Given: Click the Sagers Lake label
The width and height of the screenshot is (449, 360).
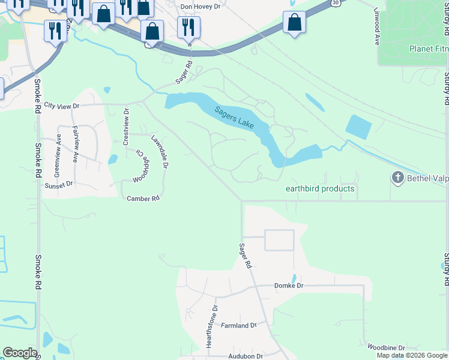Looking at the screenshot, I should [x=234, y=117].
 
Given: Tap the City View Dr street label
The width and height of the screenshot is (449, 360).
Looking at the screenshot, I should [x=62, y=106].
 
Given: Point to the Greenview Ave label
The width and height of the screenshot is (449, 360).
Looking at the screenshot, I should [x=58, y=154].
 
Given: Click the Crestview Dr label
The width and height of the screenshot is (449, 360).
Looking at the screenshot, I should [x=126, y=127].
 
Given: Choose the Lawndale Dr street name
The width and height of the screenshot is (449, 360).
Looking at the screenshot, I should [x=160, y=151].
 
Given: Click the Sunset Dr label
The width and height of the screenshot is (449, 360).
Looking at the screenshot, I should [x=58, y=185].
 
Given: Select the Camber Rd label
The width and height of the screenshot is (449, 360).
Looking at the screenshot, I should [x=143, y=198].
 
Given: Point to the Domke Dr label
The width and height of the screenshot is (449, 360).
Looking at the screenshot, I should [x=289, y=286].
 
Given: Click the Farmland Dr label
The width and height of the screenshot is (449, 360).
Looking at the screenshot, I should [x=238, y=325].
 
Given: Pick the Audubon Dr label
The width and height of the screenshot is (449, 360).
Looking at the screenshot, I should [x=246, y=356].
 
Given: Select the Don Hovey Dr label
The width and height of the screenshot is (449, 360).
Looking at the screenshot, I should [x=201, y=6].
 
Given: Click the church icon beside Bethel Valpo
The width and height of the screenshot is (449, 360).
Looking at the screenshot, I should [x=397, y=178].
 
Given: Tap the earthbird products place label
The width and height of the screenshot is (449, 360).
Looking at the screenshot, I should [x=320, y=188].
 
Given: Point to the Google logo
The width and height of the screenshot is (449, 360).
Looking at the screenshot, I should [x=20, y=353].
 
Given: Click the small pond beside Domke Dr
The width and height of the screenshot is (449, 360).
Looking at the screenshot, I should [x=294, y=278].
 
